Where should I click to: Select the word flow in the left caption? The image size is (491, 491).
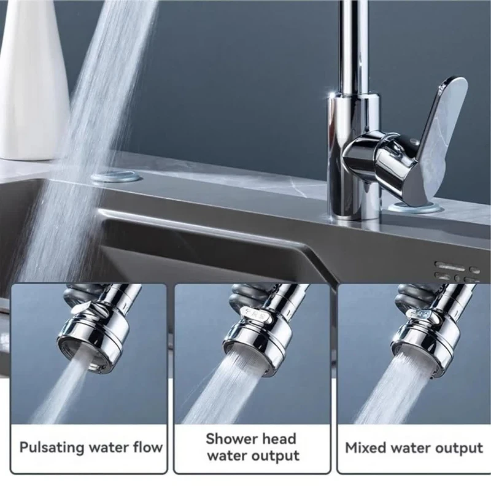pos(147,447)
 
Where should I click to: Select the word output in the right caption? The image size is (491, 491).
pos(460,449)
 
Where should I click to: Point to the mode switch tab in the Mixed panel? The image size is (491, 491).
pos(421,316)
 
